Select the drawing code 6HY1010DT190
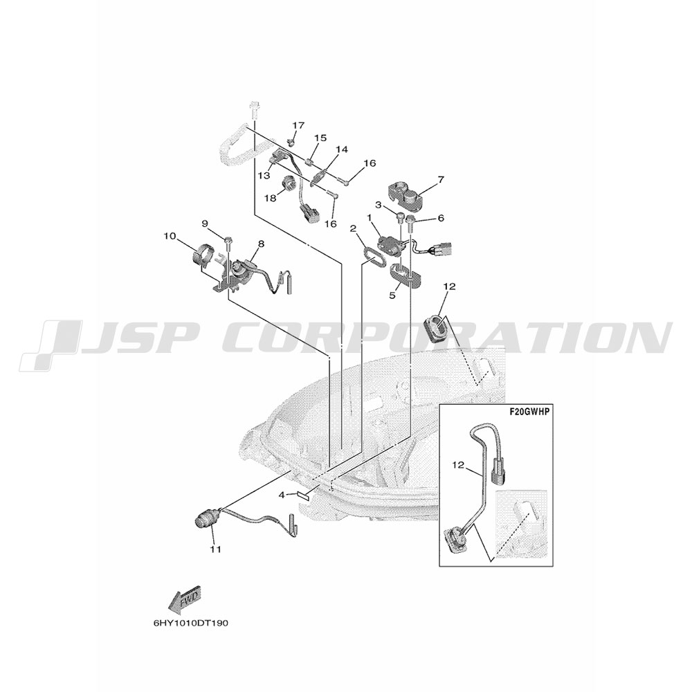(x=191, y=623)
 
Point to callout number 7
(x=440, y=179)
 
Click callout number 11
(x=216, y=549)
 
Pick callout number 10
(x=170, y=237)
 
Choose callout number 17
(x=298, y=126)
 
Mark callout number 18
(x=270, y=198)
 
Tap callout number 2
(x=353, y=228)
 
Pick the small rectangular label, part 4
(x=304, y=495)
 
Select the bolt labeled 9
(x=228, y=242)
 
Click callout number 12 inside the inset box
(x=459, y=465)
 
